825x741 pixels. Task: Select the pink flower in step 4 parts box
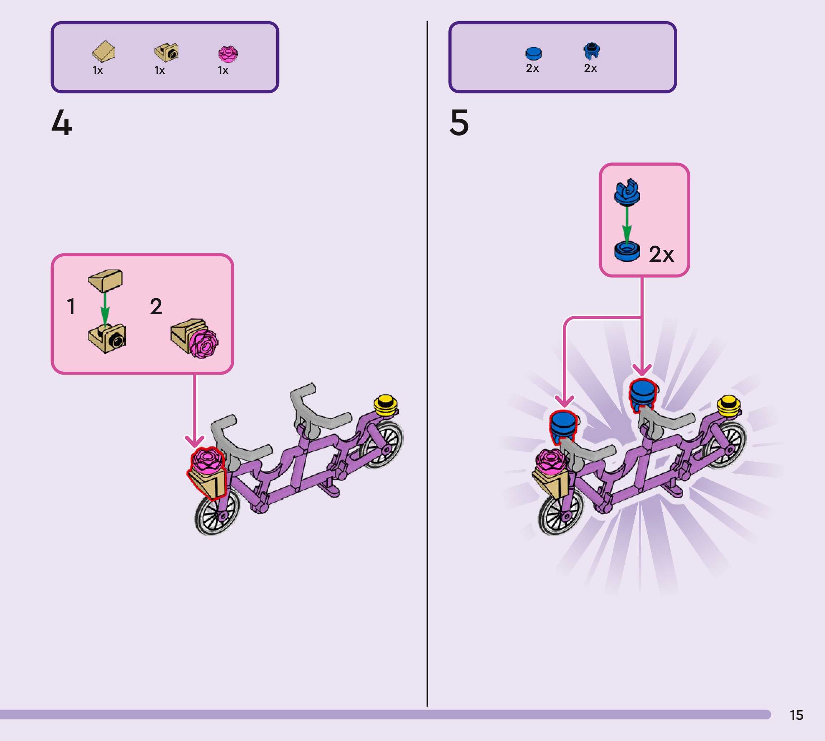(228, 54)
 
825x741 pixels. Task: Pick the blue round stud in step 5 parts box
(533, 53)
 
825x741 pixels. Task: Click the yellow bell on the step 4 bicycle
(385, 405)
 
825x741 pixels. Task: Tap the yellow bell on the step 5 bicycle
(728, 406)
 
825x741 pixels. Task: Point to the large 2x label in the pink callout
(661, 255)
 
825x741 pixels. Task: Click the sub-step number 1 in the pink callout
(71, 306)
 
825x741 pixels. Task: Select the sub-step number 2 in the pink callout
(156, 306)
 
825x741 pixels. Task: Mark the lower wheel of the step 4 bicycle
(217, 513)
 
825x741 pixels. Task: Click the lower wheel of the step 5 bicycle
(561, 513)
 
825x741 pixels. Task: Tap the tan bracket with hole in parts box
(166, 52)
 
